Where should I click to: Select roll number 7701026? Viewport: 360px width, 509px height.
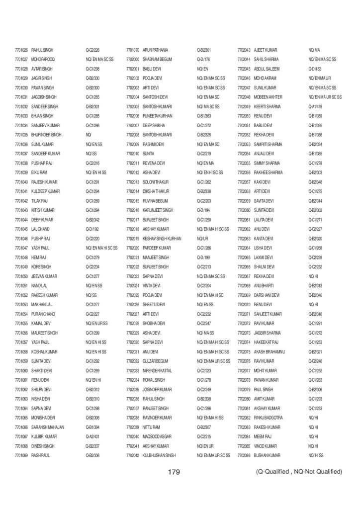tap(21, 50)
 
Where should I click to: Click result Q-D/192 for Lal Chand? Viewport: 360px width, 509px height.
tap(92, 230)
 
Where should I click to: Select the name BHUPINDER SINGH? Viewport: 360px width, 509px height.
tap(46, 135)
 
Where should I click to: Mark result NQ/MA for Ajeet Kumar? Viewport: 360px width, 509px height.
tap(314, 50)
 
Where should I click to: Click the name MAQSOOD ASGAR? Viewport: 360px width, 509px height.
tap(158, 436)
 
